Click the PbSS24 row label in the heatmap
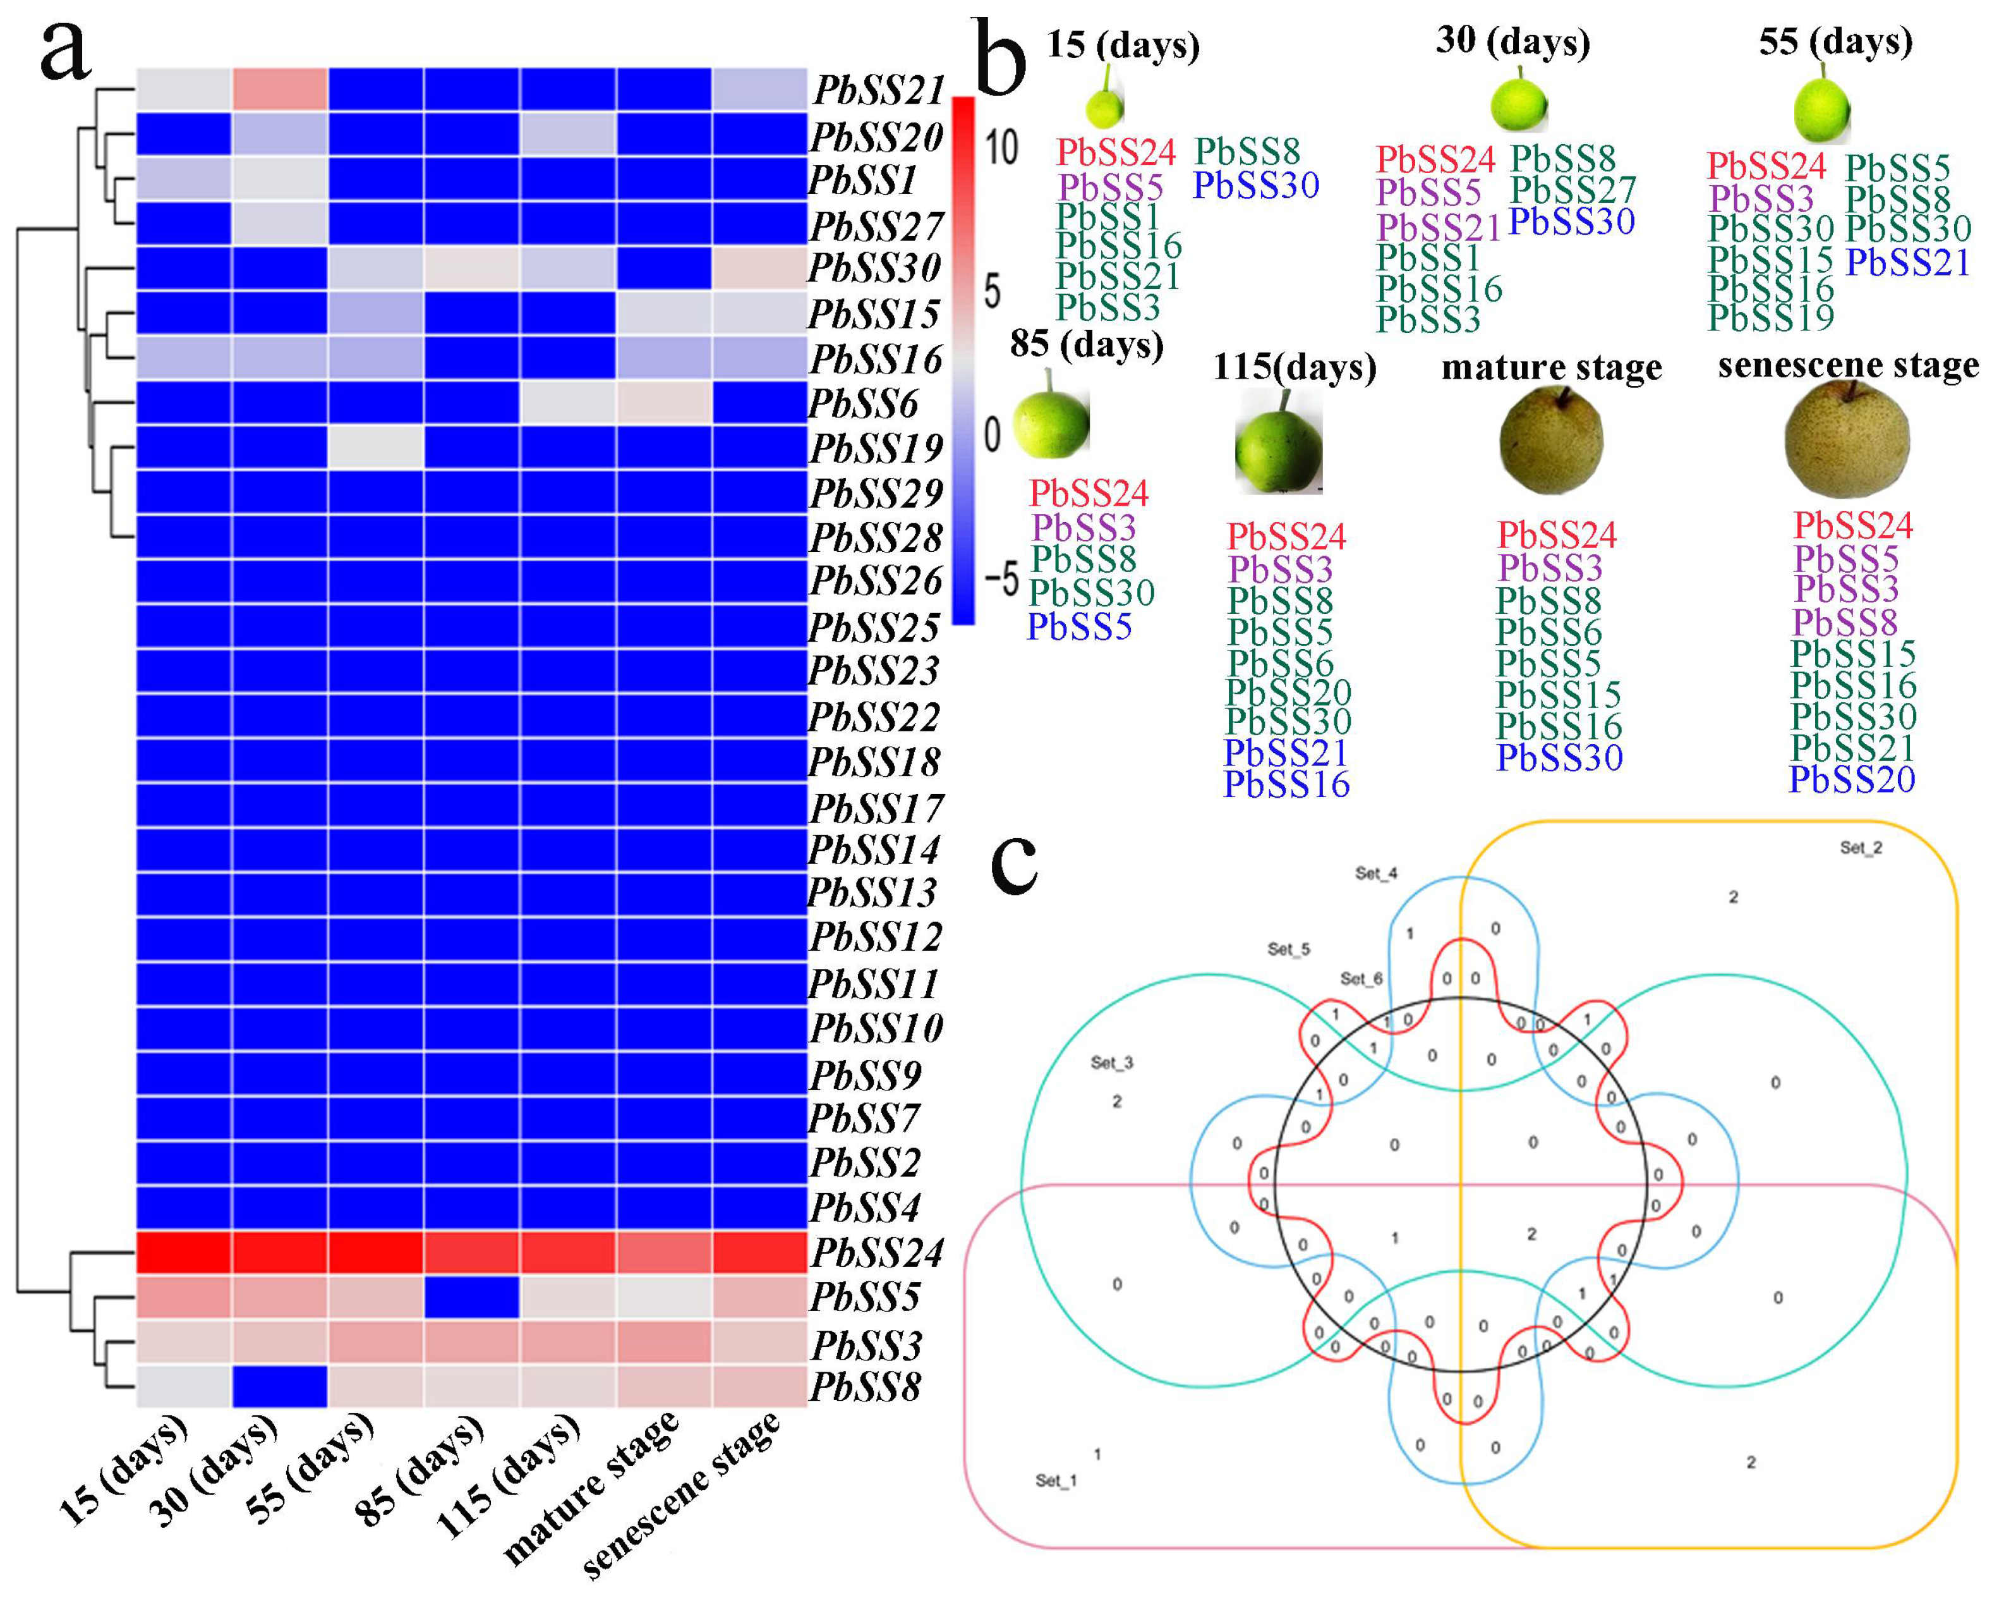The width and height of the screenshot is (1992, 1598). click(877, 1253)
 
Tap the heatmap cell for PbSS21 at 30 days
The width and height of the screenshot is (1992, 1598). click(280, 90)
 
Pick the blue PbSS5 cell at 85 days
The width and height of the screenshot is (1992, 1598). click(471, 1296)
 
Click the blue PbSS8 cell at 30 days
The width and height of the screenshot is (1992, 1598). click(280, 1386)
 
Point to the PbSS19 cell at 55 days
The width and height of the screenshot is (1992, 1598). click(375, 448)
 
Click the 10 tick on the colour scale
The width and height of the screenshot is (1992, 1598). click(999, 148)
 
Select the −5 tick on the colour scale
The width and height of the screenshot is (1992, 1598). click(999, 580)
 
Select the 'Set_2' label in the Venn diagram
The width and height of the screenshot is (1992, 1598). click(1860, 848)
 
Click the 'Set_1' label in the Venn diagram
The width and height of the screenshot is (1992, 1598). click(1055, 1480)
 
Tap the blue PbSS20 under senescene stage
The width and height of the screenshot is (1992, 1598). click(1852, 780)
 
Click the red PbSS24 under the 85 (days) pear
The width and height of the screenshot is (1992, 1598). click(1089, 494)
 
